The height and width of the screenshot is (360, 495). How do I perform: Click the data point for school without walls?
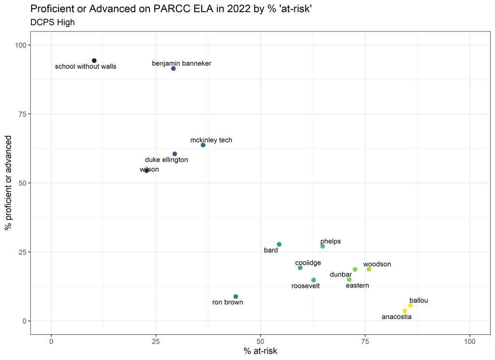[x=94, y=60]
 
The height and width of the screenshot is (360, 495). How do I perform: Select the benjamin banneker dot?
[x=174, y=69]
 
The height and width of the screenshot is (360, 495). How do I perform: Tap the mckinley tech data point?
[x=203, y=145]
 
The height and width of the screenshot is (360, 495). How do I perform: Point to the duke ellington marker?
[x=175, y=154]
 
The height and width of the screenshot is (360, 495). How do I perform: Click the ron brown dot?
[x=236, y=297]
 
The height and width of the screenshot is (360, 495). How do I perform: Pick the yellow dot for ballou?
[x=410, y=305]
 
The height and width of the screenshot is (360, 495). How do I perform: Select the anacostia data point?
[x=405, y=311]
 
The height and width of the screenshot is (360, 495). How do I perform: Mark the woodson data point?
[x=369, y=269]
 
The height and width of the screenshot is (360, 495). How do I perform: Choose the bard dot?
[x=279, y=244]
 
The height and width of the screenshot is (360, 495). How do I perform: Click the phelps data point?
[x=322, y=246]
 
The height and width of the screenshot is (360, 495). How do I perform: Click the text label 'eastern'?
[x=357, y=285]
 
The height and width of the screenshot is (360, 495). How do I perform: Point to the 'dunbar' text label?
[x=341, y=274]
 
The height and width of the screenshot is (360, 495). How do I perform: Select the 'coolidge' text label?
[x=308, y=263]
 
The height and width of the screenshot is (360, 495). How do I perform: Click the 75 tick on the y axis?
[x=21, y=114]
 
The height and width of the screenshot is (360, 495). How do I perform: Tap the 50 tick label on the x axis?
[x=261, y=341]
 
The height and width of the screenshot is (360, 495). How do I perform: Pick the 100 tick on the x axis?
[x=470, y=341]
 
